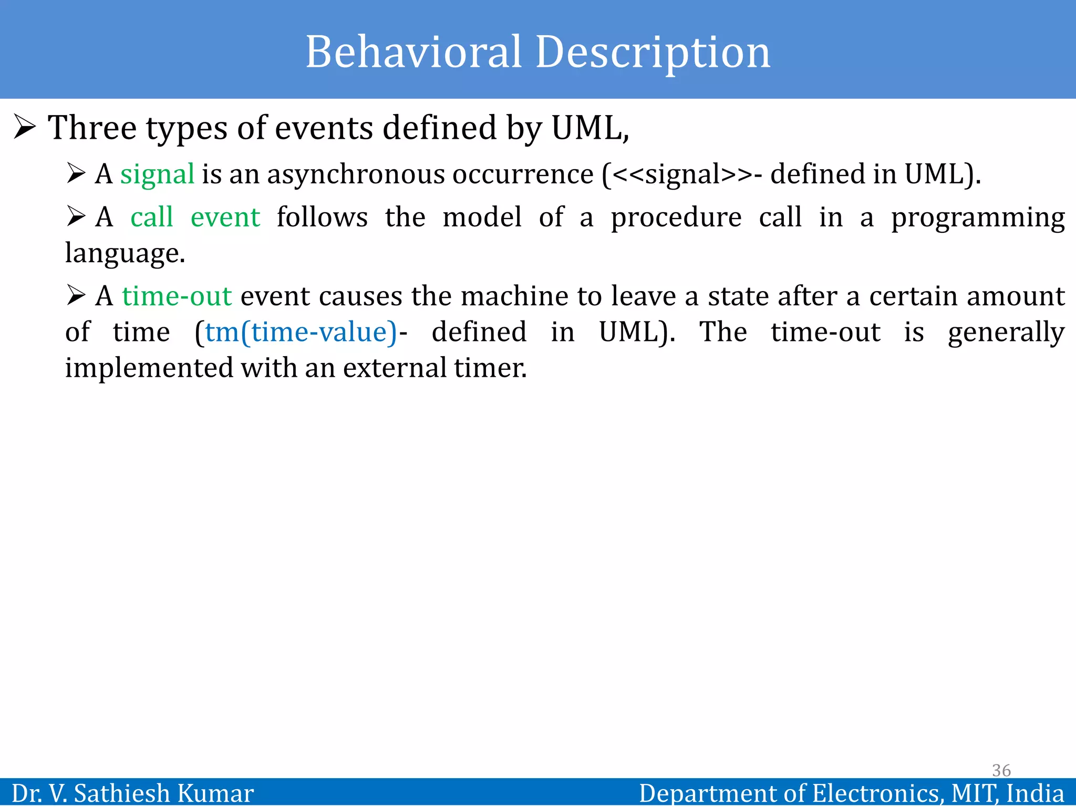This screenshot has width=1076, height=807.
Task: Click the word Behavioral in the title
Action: pos(413,52)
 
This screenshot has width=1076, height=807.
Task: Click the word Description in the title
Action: pos(653,52)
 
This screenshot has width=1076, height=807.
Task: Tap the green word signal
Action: pos(157,175)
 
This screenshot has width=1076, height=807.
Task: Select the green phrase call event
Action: pos(195,218)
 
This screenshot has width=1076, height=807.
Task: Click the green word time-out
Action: pos(177,296)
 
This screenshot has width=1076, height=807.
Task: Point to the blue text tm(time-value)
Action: pos(301,333)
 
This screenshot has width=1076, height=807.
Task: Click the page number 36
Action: pos(1001,770)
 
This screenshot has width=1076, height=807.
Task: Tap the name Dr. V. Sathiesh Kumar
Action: pos(132,793)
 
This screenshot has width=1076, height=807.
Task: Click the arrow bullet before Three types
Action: pos(25,128)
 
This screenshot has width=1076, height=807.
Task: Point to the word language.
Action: pos(125,254)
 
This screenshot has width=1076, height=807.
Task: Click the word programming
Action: pos(977,218)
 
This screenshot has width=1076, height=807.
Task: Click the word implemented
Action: pos(149,368)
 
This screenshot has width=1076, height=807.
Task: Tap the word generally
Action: pos(1006,333)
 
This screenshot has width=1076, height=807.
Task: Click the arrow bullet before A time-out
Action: pos(76,296)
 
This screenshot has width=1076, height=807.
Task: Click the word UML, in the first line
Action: pos(589,128)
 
